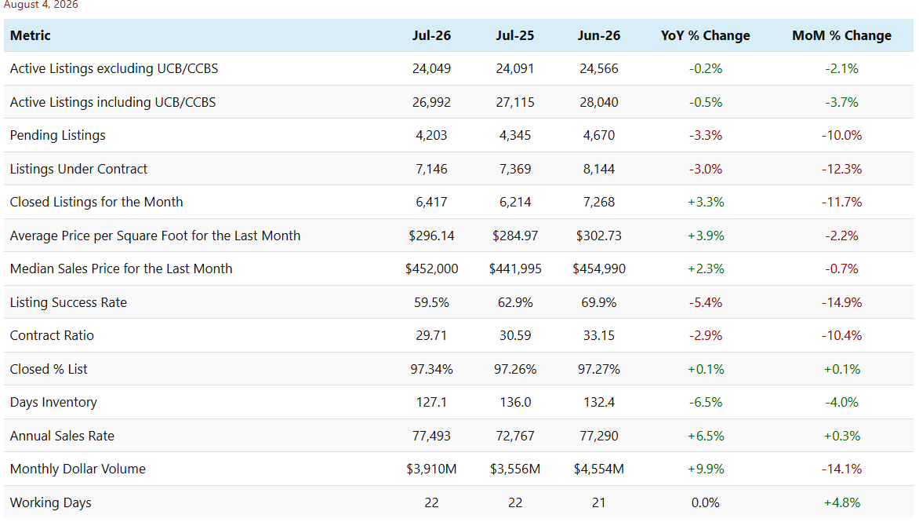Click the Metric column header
(31, 35)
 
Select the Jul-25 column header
(514, 35)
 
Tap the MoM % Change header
(841, 35)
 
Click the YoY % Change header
(705, 35)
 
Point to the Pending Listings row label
(57, 136)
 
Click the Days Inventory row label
(53, 402)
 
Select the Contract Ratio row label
(52, 335)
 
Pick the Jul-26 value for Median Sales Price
(431, 268)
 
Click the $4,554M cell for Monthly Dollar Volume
(598, 469)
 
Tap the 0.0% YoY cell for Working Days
(705, 502)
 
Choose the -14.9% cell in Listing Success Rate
(841, 302)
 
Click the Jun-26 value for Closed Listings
(598, 202)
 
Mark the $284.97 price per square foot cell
(514, 236)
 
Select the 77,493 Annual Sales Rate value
(431, 436)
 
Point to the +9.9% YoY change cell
(705, 469)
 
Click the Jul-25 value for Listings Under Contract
(514, 169)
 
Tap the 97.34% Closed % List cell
(431, 369)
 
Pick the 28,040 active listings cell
(598, 102)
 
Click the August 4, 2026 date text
(41, 5)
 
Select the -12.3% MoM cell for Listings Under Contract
(841, 169)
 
